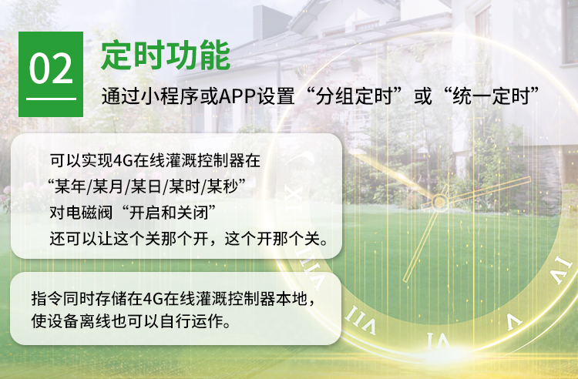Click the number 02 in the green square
click(x=51, y=69)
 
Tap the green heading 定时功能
click(x=166, y=55)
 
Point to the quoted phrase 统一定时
click(x=491, y=96)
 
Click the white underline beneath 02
click(x=51, y=99)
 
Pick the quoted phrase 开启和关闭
click(x=170, y=213)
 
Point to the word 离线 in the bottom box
click(x=95, y=321)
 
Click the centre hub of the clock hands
click(x=439, y=202)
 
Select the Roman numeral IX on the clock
click(x=294, y=198)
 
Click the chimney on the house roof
click(x=271, y=22)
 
